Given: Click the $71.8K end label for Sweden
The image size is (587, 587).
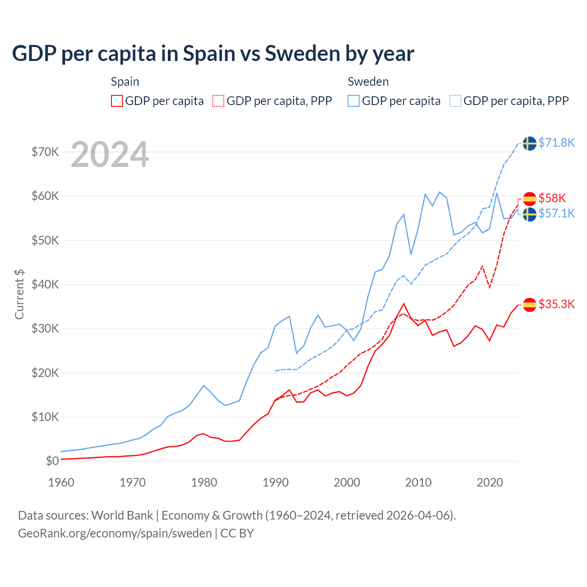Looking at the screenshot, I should click(556, 143).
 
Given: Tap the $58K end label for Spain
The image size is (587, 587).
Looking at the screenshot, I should click(552, 198).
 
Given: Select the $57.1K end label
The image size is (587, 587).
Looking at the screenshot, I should click(556, 213).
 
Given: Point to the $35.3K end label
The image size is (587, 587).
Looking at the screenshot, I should click(556, 304).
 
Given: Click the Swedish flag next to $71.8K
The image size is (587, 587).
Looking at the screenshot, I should click(530, 143).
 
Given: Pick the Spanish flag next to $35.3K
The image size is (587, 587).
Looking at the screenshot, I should click(530, 305).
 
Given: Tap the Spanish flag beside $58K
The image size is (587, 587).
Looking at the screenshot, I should click(530, 199).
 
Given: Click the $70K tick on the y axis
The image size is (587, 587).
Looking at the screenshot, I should click(45, 152).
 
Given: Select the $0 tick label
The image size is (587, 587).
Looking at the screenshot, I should click(52, 461).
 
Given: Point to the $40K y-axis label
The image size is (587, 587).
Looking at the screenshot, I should click(45, 284).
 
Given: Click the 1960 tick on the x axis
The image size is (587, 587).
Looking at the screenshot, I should click(61, 482).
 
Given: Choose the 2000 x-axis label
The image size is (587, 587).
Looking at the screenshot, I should click(347, 482).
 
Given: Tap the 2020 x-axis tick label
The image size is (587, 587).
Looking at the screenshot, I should click(490, 482).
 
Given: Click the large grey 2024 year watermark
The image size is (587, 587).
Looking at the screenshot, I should click(110, 155).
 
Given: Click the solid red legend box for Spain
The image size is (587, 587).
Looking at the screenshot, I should click(117, 101).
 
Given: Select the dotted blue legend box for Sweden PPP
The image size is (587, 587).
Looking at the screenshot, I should click(455, 101).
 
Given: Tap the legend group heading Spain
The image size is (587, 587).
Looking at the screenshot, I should click(125, 82).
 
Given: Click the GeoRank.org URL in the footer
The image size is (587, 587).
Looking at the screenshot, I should click(115, 533).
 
